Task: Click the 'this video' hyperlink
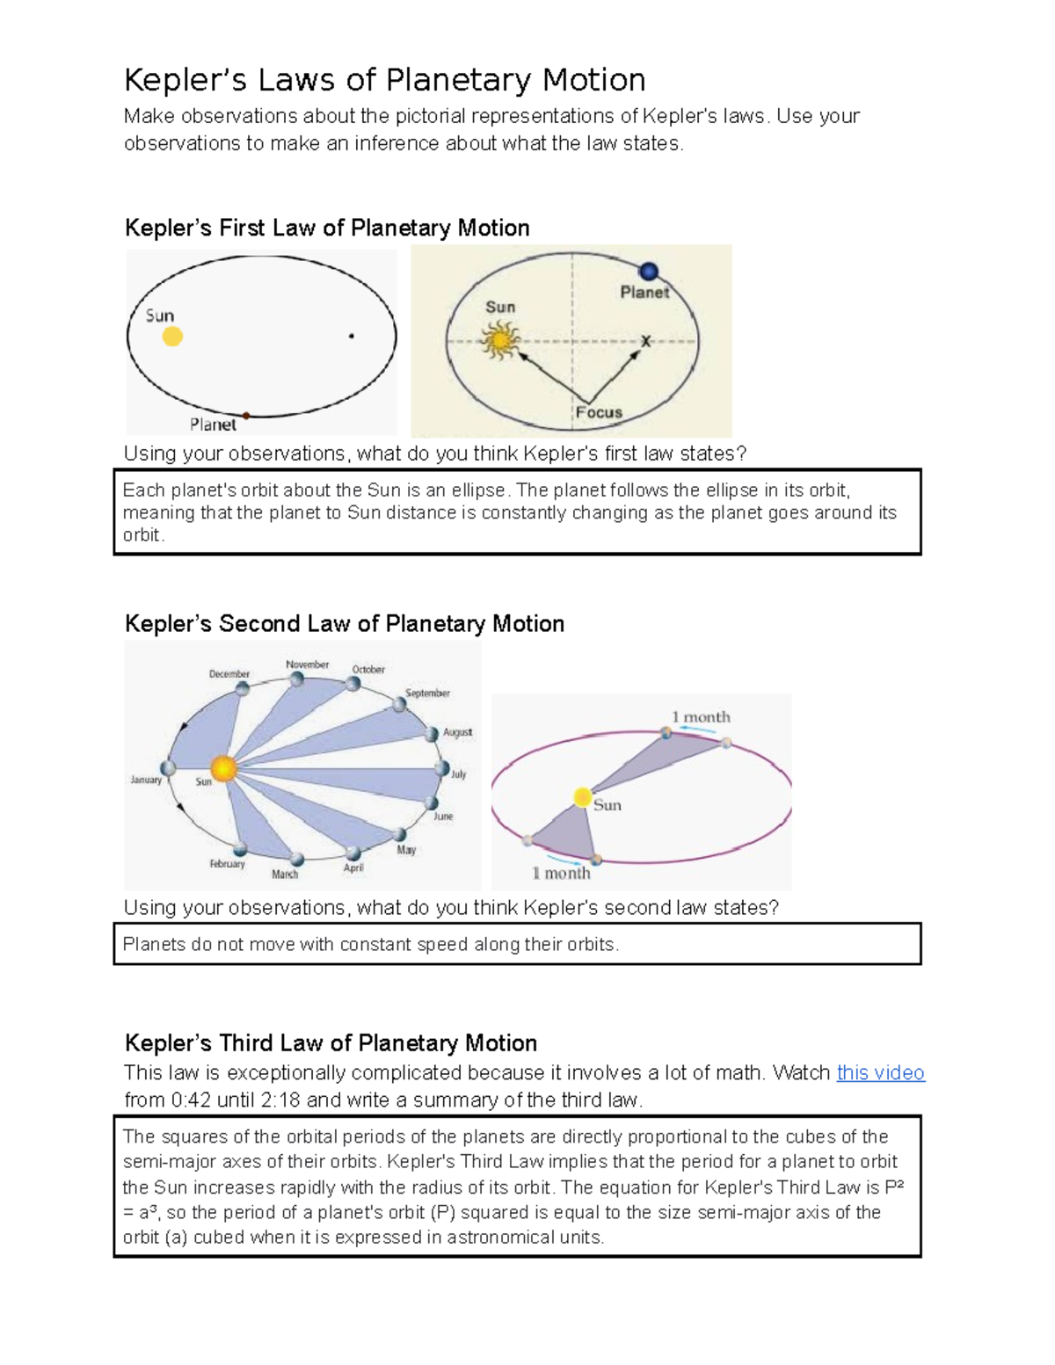tap(880, 1072)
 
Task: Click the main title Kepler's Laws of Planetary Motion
tap(384, 80)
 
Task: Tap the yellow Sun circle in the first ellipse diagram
tap(172, 336)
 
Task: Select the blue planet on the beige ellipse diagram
tap(649, 272)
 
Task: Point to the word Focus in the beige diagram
tap(599, 412)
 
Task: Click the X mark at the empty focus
tap(646, 341)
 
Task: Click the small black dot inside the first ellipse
tap(352, 336)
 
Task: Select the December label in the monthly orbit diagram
tap(229, 674)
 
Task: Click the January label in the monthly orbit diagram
tap(146, 780)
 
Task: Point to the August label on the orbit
tap(457, 732)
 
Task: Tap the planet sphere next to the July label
tap(441, 769)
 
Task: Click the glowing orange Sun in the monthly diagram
tap(223, 769)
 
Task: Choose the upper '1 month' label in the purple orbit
tap(701, 717)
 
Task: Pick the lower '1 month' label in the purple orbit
tap(561, 873)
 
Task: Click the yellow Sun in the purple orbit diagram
tap(582, 797)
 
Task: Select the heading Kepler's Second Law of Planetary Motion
tap(344, 624)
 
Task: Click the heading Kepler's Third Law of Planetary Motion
tap(331, 1043)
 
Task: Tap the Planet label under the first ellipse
tap(213, 425)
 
